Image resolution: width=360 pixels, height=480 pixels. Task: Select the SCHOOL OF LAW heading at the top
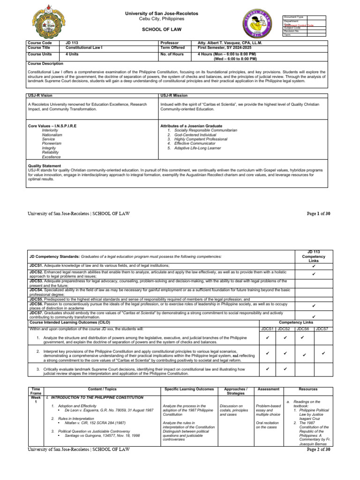pyautogui.click(x=168, y=29)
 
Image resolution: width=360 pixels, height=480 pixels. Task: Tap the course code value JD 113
pyautogui.click(x=72, y=43)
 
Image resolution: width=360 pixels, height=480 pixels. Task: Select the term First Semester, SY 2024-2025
pyautogui.click(x=225, y=48)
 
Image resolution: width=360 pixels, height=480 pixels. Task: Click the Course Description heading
pyautogui.click(x=45, y=63)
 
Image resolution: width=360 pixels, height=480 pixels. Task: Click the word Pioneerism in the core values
pyautogui.click(x=52, y=143)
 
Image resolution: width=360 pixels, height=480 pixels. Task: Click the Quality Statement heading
pyautogui.click(x=45, y=165)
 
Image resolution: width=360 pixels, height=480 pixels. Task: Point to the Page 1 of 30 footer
pyautogui.click(x=318, y=214)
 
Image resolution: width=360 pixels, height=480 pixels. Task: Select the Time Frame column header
pyautogui.click(x=36, y=391)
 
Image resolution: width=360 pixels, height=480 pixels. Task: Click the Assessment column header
pyautogui.click(x=269, y=389)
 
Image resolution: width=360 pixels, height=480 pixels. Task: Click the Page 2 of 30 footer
pyautogui.click(x=318, y=450)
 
